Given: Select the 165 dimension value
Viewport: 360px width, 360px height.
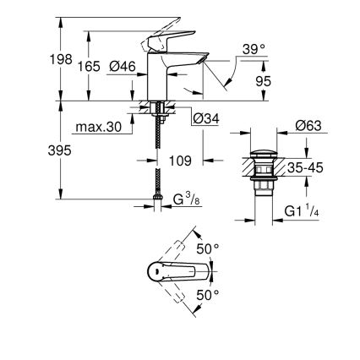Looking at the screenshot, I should (x=89, y=66).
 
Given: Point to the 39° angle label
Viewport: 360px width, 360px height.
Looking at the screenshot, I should (x=252, y=49).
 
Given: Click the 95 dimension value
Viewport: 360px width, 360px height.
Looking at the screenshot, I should (x=263, y=82).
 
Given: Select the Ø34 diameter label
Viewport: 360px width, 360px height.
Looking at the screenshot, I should (x=206, y=118).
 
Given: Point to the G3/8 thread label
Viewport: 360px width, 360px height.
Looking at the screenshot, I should (x=185, y=200).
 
